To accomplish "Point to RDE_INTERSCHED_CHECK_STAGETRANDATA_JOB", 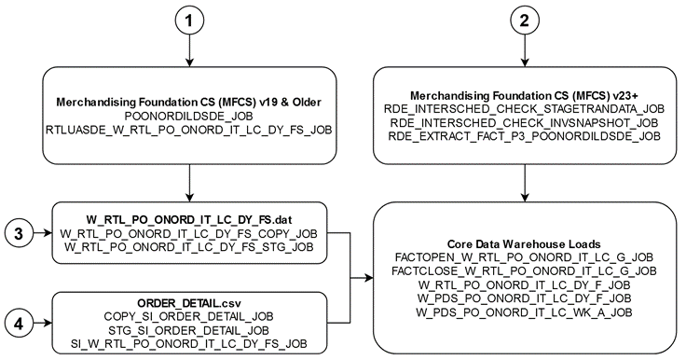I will [526, 111].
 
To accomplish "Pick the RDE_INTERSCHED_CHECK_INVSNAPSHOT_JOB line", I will [526, 123].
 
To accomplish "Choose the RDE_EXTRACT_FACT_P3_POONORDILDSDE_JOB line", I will [526, 136].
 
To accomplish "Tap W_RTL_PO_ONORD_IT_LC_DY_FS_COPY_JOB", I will [191, 230].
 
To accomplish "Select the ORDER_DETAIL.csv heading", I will [191, 302].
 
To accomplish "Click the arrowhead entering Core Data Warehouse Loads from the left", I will [368, 277].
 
